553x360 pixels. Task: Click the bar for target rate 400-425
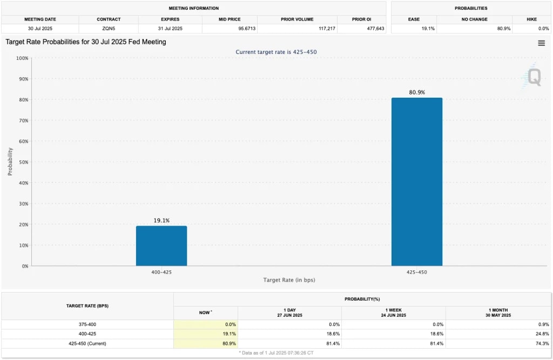click(161, 246)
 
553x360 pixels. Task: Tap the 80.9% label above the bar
click(416, 92)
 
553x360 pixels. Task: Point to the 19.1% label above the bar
click(161, 220)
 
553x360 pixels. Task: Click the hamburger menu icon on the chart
click(541, 43)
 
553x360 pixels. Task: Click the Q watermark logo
click(533, 78)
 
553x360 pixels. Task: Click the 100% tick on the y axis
click(22, 58)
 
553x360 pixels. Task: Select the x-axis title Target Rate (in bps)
click(289, 280)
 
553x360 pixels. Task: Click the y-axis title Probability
click(10, 162)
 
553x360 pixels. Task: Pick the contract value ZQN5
click(108, 28)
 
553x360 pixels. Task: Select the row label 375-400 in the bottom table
click(87, 324)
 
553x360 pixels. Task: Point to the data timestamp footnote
click(276, 352)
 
